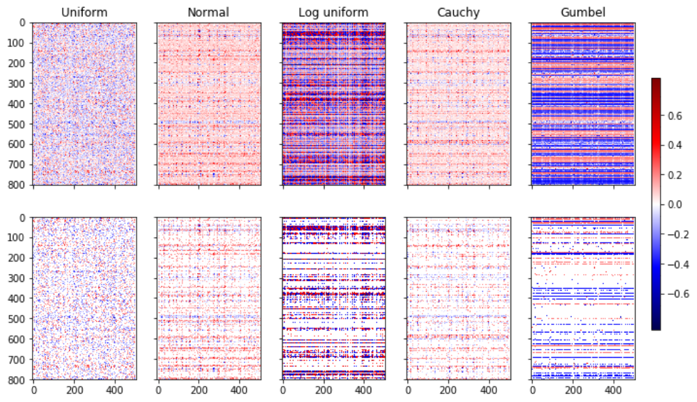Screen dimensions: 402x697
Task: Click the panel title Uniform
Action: pyautogui.click(x=84, y=12)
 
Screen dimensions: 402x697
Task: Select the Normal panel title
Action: pyautogui.click(x=209, y=12)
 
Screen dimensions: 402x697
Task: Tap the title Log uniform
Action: pyautogui.click(x=333, y=12)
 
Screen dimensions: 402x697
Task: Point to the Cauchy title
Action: pyautogui.click(x=457, y=12)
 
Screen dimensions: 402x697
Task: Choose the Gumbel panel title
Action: pyautogui.click(x=582, y=12)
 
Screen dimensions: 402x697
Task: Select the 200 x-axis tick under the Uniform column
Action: pyautogui.click(x=74, y=390)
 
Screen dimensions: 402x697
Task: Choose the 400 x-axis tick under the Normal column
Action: pyautogui.click(x=240, y=390)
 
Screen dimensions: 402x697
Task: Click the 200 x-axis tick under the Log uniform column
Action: pyautogui.click(x=323, y=390)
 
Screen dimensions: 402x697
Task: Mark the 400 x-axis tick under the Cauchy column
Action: pyautogui.click(x=489, y=390)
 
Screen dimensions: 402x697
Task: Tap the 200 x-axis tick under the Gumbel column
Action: pyautogui.click(x=572, y=390)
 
